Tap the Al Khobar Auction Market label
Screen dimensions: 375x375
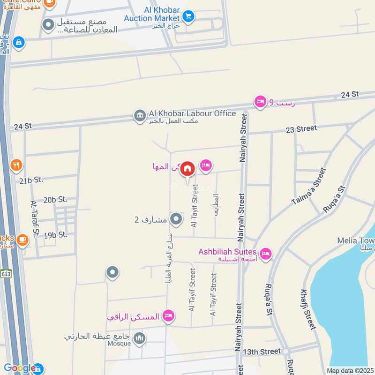pyautogui.click(x=152, y=14)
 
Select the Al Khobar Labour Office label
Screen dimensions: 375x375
pyautogui.click(x=192, y=113)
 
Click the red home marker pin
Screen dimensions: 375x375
pyautogui.click(x=187, y=169)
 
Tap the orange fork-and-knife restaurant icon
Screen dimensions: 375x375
pyautogui.click(x=16, y=165)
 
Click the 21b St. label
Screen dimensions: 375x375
pyautogui.click(x=31, y=180)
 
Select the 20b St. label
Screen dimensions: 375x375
pyautogui.click(x=55, y=200)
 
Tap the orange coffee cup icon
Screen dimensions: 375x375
pyautogui.click(x=22, y=240)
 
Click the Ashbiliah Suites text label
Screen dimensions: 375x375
pyautogui.click(x=227, y=252)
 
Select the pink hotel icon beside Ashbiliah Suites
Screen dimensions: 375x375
pyautogui.click(x=266, y=254)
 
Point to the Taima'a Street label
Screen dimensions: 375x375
pyautogui.click(x=308, y=187)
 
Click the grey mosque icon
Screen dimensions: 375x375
pyautogui.click(x=139, y=338)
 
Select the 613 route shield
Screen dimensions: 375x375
pyautogui.click(x=6, y=274)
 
